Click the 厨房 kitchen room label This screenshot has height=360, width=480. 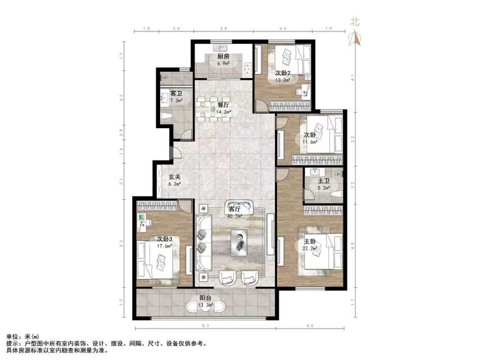point(223,57)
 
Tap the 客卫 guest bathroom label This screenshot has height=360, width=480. point(176,93)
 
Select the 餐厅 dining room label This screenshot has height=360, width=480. point(223,105)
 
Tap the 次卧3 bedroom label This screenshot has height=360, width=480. point(165,238)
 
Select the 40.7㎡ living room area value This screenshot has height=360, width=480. point(235,215)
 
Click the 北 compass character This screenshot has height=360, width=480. point(355,22)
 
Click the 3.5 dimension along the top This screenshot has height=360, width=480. point(223,28)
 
